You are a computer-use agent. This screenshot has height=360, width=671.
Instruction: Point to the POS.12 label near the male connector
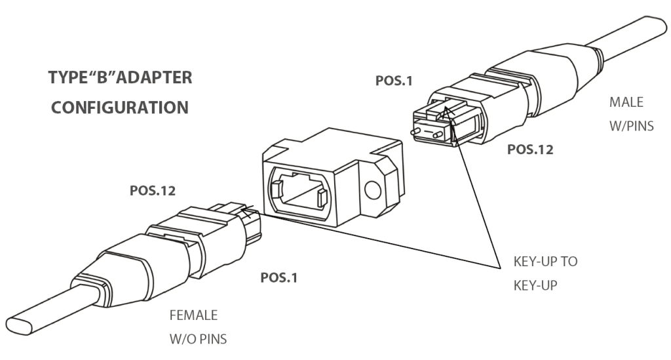(531, 150)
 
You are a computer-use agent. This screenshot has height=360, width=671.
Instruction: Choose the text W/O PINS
(199, 340)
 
